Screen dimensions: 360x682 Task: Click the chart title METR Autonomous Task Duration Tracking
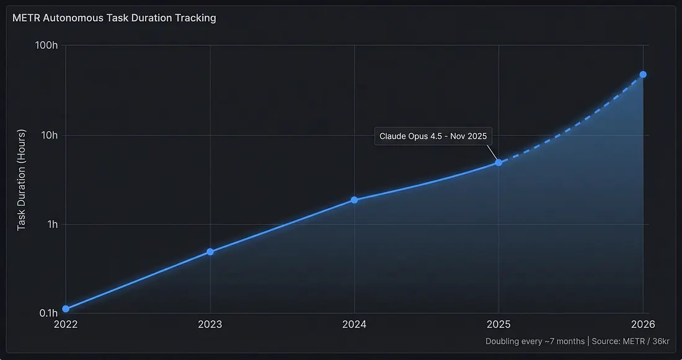(x=114, y=18)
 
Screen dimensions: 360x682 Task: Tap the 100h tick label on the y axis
(x=46, y=46)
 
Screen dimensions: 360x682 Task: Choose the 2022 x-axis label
(x=66, y=324)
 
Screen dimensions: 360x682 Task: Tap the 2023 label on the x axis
(x=210, y=324)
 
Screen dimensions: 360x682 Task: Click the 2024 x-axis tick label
(x=354, y=324)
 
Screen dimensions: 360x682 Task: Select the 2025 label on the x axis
(x=498, y=324)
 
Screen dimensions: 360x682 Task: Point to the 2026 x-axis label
(x=643, y=324)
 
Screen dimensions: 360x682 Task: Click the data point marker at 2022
(x=66, y=309)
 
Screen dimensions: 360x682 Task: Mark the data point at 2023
(x=210, y=252)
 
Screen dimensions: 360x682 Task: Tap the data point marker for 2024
(x=354, y=200)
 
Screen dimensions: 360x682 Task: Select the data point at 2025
(x=498, y=162)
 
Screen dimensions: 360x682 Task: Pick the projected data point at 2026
(x=643, y=74)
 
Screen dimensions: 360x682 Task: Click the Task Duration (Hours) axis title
(x=21, y=180)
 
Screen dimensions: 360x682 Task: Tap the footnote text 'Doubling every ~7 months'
(x=534, y=341)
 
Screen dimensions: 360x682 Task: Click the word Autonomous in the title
(x=77, y=18)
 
